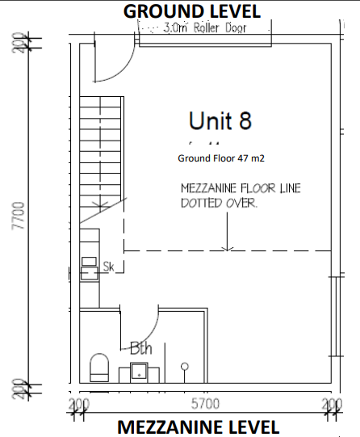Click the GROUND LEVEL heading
192,11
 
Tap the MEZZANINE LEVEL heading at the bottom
199,427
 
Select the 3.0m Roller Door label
205,28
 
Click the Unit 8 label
220,120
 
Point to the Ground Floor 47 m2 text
221,158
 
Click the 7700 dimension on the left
19,216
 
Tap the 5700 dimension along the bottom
205,404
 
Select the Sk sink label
109,267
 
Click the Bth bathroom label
141,348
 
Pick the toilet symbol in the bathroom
99,368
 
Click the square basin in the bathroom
139,372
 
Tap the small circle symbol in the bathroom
185,367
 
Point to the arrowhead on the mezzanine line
227,248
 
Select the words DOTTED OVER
219,203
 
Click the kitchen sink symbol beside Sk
90,273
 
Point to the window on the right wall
337,317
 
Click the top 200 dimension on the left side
19,42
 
